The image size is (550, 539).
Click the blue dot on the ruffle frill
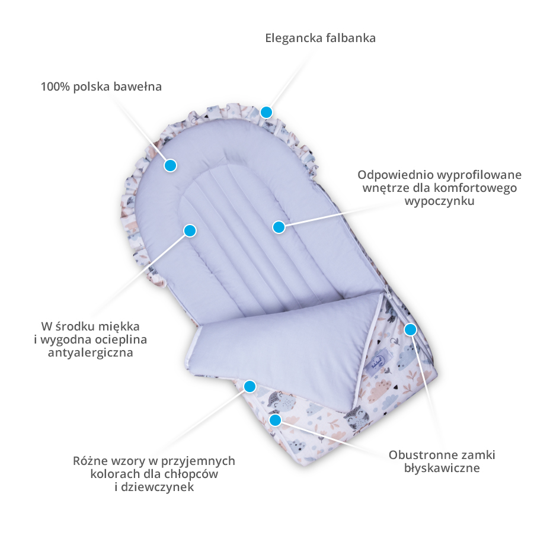[267, 112]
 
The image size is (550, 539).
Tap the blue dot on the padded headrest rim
[171, 165]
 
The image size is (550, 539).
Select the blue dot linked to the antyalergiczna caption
[190, 230]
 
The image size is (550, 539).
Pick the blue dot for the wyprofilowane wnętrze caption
[279, 227]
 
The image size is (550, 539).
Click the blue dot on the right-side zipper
[410, 329]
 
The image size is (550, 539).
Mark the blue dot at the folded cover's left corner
[250, 387]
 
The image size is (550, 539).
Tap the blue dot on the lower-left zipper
[276, 419]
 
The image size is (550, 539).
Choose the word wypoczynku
[440, 201]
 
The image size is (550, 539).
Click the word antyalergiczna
[91, 352]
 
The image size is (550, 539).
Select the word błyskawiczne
[442, 468]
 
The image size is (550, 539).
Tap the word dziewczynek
[158, 487]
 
